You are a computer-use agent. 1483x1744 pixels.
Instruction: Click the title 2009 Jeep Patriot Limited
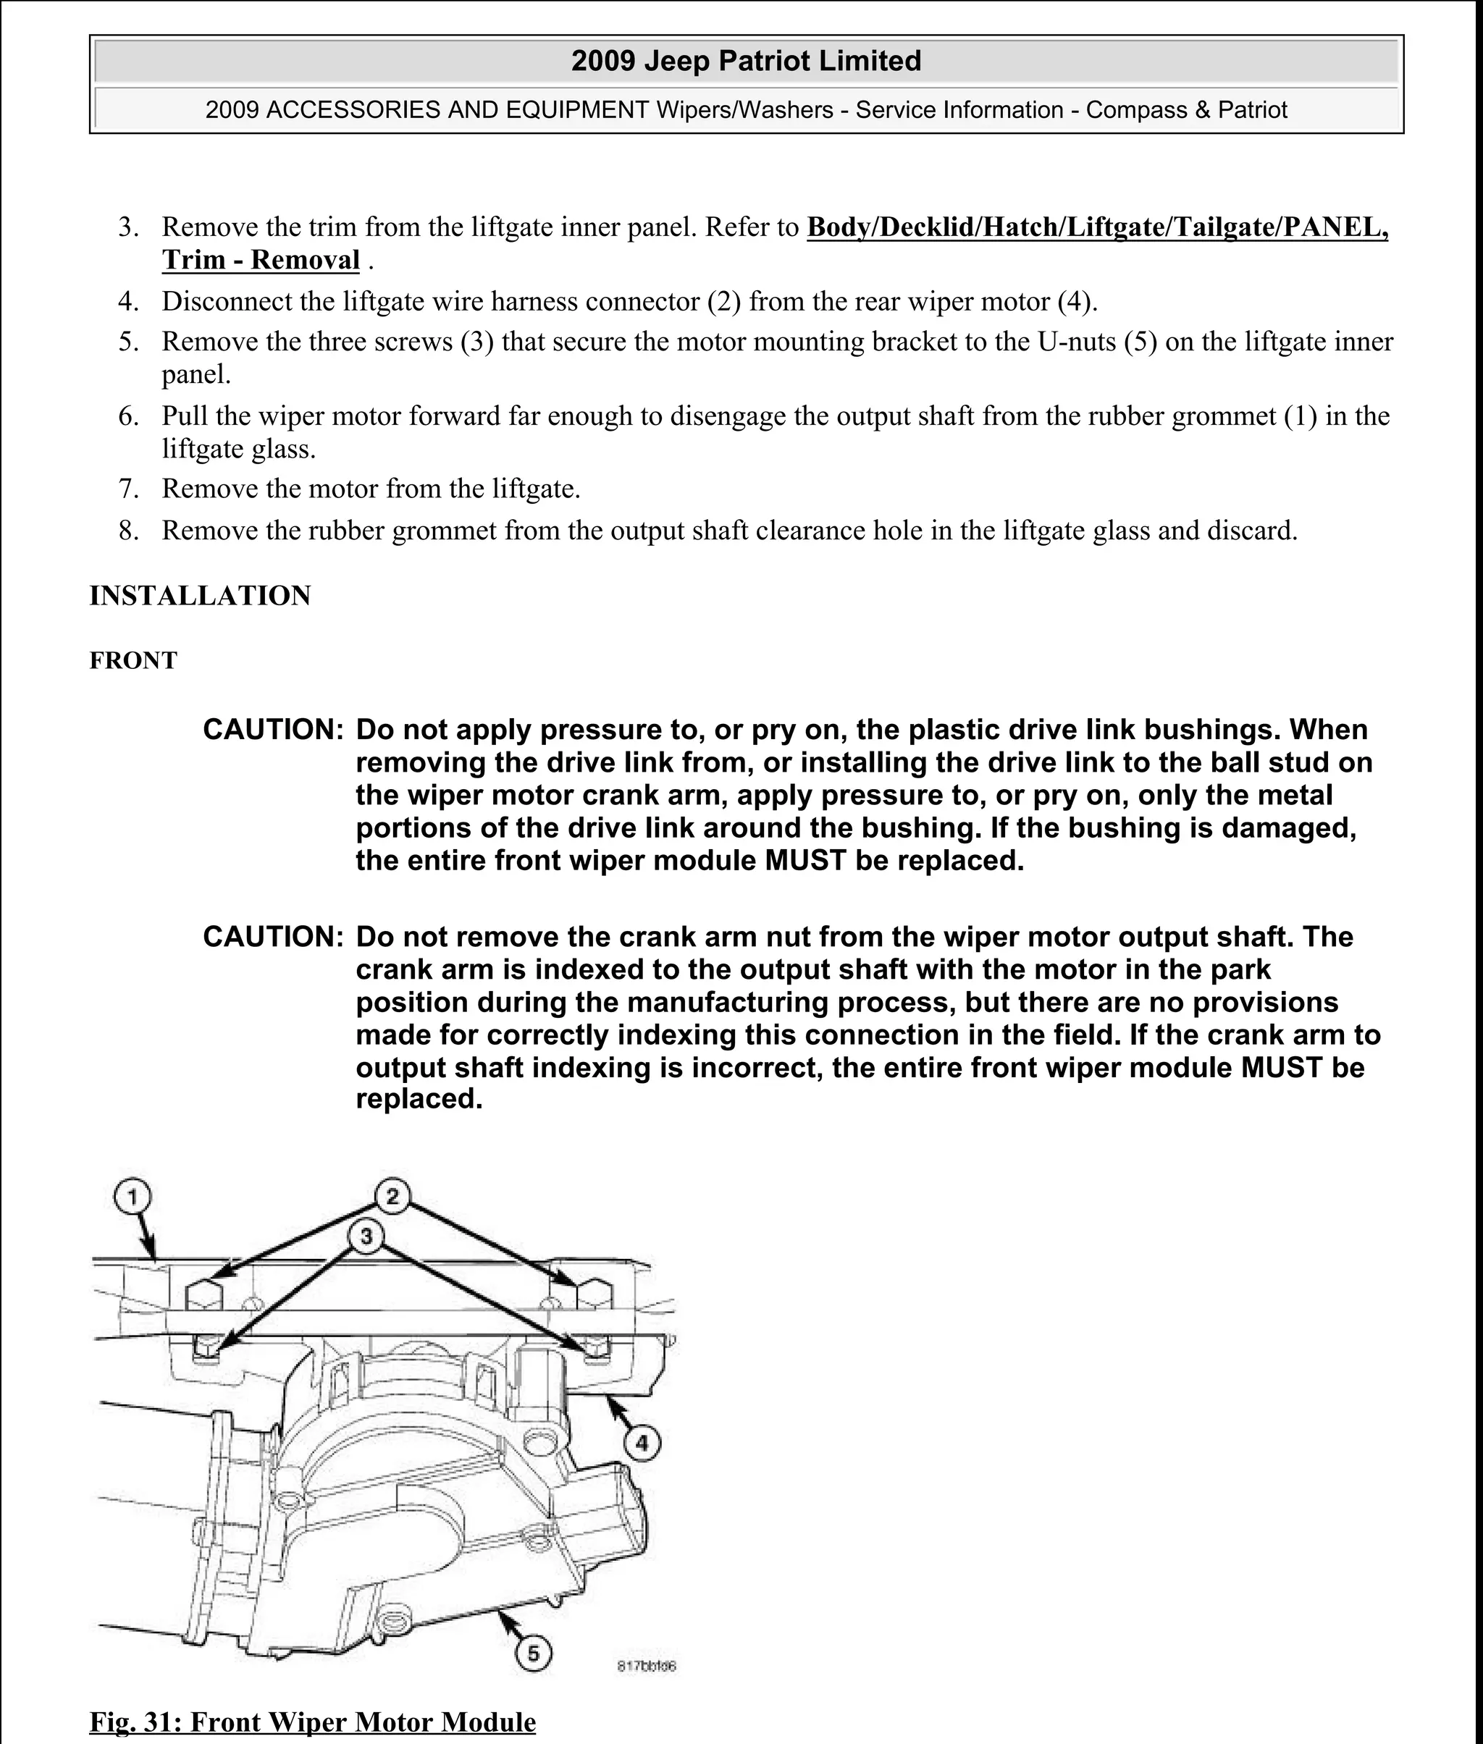tap(746, 61)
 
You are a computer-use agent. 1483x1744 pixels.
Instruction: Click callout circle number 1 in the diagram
tap(132, 1197)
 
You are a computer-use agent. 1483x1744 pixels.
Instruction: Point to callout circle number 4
tap(642, 1444)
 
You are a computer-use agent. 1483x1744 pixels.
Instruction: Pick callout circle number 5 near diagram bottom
tap(533, 1654)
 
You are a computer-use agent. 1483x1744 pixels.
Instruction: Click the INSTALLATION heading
tap(200, 595)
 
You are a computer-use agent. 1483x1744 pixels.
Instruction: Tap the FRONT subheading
tap(133, 661)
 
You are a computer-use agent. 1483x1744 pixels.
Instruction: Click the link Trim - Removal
tap(261, 260)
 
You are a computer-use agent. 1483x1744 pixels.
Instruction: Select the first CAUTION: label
tap(272, 730)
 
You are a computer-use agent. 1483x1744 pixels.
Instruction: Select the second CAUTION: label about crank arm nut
tap(272, 936)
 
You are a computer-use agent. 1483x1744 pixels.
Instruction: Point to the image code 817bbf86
tap(647, 1666)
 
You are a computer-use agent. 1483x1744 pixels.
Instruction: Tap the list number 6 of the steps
tap(127, 416)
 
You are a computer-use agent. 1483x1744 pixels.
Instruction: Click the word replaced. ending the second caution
tap(419, 1100)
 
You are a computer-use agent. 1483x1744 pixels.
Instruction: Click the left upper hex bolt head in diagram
tap(203, 1295)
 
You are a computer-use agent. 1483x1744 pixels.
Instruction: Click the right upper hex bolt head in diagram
tap(594, 1295)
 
